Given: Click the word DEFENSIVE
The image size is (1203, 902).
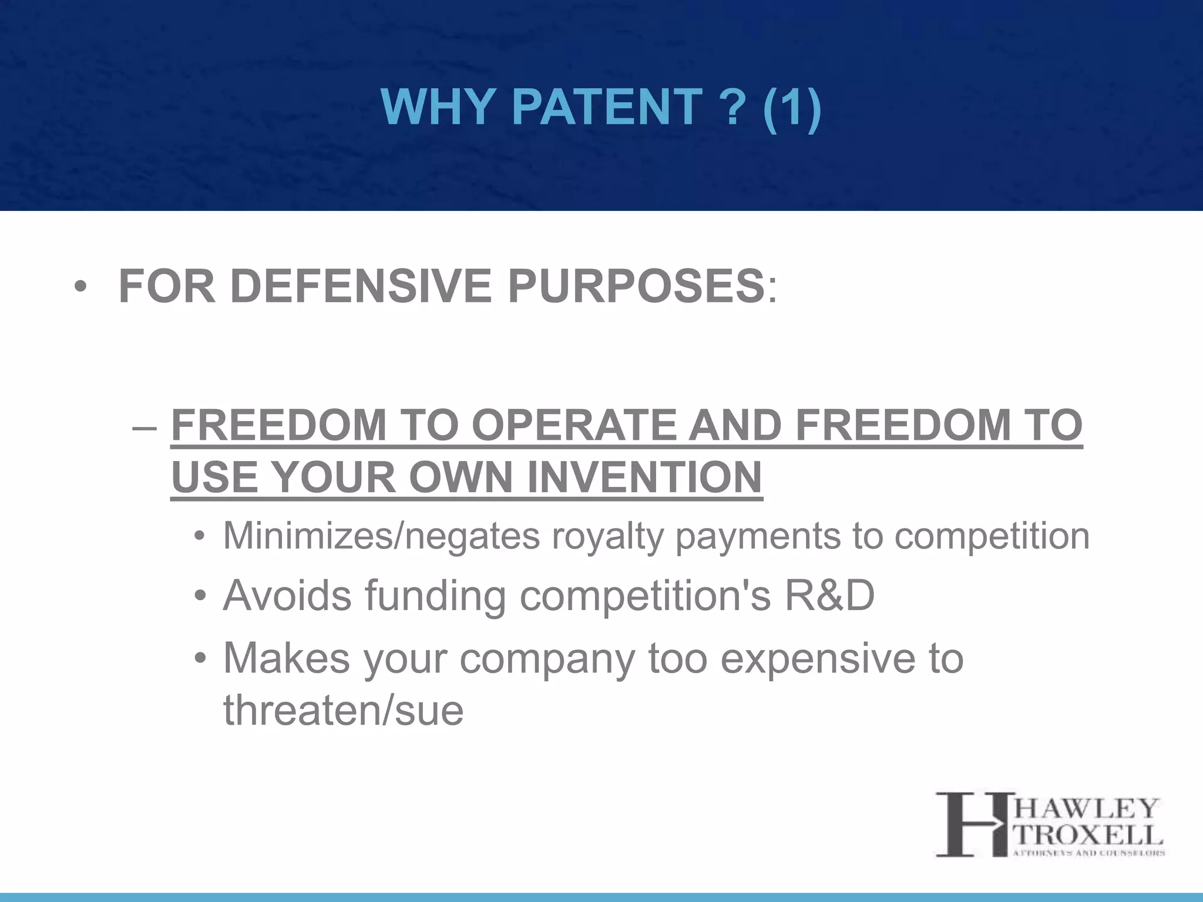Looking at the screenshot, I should tap(361, 286).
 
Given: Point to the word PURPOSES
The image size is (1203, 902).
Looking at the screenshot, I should tap(636, 286).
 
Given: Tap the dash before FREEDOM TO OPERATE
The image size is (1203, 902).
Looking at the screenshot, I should tap(145, 426).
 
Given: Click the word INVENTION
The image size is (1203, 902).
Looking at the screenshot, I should tap(644, 477).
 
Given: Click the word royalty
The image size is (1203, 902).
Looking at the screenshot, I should tap(607, 536).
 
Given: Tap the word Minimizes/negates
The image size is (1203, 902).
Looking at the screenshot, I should tap(381, 536).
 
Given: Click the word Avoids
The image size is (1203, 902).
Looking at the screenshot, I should tap(287, 595).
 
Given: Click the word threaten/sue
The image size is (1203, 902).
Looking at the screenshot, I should tap(343, 710).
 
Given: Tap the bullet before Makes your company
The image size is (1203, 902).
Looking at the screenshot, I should tap(200, 659).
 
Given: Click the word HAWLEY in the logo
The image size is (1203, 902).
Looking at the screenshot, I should tap(1087, 809).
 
